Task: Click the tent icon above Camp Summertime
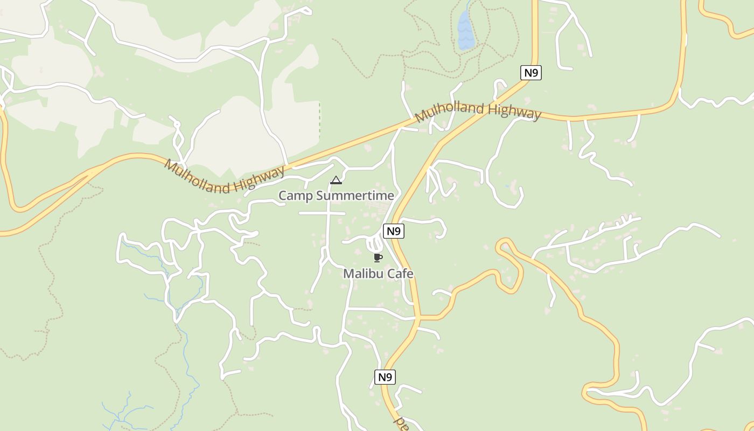pos(336,180)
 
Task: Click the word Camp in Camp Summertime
pos(296,196)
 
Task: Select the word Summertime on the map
pos(355,196)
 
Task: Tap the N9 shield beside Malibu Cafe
pos(394,231)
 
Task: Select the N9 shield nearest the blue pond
pos(530,73)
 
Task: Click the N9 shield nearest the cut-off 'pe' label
pos(385,377)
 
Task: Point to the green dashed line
pos(319,119)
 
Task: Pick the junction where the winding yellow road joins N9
pos(418,318)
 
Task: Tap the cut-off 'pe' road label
pos(402,422)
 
